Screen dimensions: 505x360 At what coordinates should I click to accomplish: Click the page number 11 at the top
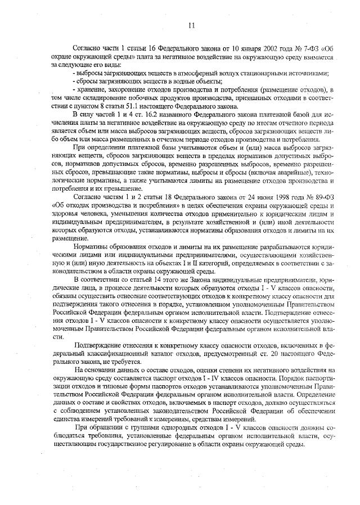[191, 25]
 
